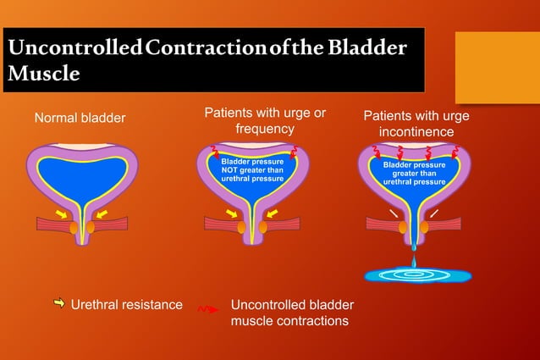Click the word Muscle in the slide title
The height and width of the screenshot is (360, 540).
click(43, 74)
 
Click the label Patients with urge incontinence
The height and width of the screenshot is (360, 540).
click(416, 124)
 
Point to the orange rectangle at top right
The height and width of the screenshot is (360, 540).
click(497, 67)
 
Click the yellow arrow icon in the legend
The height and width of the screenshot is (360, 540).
click(59, 303)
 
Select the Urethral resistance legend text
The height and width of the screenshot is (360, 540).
click(126, 304)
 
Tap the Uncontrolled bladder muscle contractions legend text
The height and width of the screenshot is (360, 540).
click(292, 313)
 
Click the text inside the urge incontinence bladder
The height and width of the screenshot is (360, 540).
click(414, 173)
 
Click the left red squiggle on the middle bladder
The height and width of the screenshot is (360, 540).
click(216, 153)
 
